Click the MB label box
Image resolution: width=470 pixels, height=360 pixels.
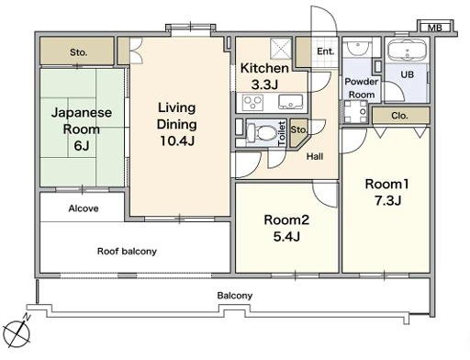(435, 28)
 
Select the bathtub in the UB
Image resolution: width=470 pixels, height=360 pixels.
(407, 51)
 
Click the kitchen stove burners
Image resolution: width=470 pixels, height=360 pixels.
(252, 102)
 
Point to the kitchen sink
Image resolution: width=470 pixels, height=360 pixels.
(290, 102)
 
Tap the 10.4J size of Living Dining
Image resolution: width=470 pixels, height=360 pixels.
(177, 141)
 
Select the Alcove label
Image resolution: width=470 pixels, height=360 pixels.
(84, 208)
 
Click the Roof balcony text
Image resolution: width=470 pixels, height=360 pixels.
(127, 252)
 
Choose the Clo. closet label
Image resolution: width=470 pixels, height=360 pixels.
(399, 116)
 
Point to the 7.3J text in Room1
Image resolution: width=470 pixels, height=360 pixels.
(388, 200)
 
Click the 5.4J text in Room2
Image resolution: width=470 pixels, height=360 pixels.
(286, 236)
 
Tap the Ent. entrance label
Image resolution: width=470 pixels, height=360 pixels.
(325, 51)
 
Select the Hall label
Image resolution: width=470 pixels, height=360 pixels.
(315, 156)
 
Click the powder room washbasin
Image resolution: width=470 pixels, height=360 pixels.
(357, 47)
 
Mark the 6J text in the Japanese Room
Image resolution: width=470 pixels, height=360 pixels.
(82, 145)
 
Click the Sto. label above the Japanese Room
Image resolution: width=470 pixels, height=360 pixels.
(78, 52)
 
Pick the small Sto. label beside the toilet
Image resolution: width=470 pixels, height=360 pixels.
(298, 129)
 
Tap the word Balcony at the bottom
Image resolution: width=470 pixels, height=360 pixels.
(235, 296)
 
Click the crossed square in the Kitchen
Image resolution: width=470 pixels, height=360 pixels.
(281, 49)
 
